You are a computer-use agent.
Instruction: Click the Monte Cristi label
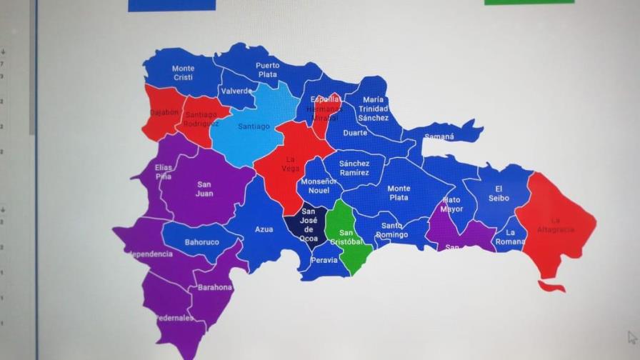pyautogui.click(x=183, y=73)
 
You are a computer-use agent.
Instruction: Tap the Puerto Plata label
pyautogui.click(x=268, y=69)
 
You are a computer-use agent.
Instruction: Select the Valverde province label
pyautogui.click(x=236, y=91)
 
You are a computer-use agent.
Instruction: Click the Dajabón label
pyautogui.click(x=164, y=113)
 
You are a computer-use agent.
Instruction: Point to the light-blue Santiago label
pyautogui.click(x=254, y=127)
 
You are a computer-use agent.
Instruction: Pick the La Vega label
pyautogui.click(x=291, y=164)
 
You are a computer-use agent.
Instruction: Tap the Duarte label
pyautogui.click(x=355, y=133)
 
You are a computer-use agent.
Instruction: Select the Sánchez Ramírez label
pyautogui.click(x=354, y=168)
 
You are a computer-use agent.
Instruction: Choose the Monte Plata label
pyautogui.click(x=399, y=193)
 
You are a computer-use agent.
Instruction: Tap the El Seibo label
pyautogui.click(x=499, y=194)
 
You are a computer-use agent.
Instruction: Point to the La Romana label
pyautogui.click(x=511, y=237)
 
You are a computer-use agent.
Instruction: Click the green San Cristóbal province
pyautogui.click(x=347, y=236)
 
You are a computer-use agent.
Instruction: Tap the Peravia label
pyautogui.click(x=324, y=261)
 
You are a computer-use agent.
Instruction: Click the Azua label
pyautogui.click(x=264, y=230)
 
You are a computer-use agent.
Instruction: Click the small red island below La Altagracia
pyautogui.click(x=551, y=286)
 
